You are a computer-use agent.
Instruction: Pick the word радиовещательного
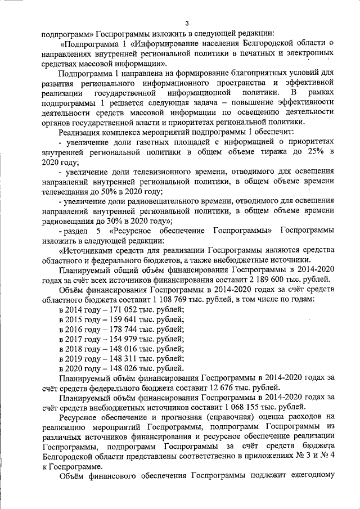pos(157,202)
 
